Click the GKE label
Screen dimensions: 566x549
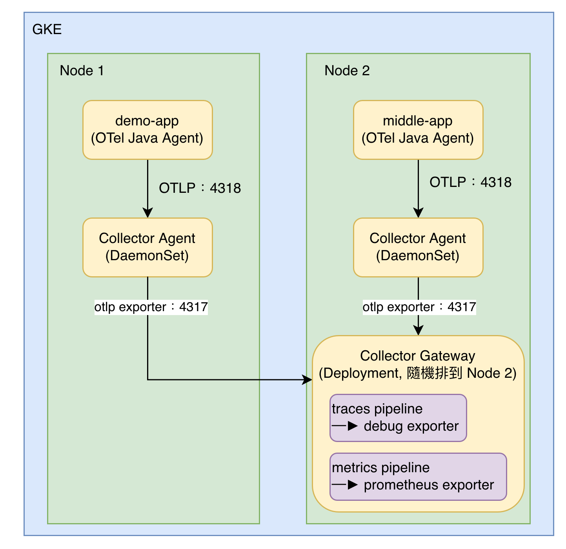pyautogui.click(x=47, y=29)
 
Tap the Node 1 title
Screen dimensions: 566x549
pyautogui.click(x=82, y=71)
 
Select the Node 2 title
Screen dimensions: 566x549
pyautogui.click(x=347, y=71)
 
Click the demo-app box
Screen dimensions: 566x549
pyautogui.click(x=148, y=130)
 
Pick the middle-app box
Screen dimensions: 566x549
pyautogui.click(x=419, y=130)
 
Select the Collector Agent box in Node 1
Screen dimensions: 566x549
pyautogui.click(x=148, y=248)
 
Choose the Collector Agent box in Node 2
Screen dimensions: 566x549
pyautogui.click(x=419, y=248)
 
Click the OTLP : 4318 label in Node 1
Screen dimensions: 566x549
pyautogui.click(x=200, y=188)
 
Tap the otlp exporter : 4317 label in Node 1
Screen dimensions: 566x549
pyautogui.click(x=151, y=307)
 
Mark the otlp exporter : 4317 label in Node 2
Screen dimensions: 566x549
pyautogui.click(x=420, y=307)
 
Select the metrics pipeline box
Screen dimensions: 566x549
pyautogui.click(x=419, y=477)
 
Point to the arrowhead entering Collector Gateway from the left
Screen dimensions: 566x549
pyautogui.click(x=308, y=380)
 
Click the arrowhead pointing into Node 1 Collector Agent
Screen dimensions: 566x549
pyautogui.click(x=148, y=213)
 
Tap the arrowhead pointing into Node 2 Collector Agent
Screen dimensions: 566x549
pyautogui.click(x=419, y=213)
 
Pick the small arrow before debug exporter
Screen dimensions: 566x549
pyautogui.click(x=345, y=426)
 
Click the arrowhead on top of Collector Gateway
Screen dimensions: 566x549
pyautogui.click(x=419, y=330)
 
